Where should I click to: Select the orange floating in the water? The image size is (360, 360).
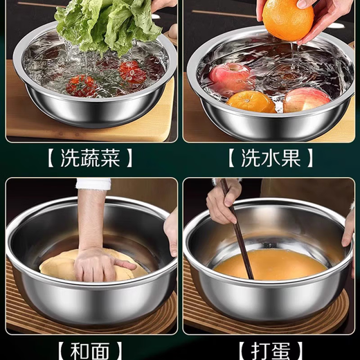click(x=251, y=101)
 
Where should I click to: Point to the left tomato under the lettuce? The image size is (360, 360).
click(x=82, y=85)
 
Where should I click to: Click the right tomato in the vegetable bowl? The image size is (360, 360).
click(x=129, y=71)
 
